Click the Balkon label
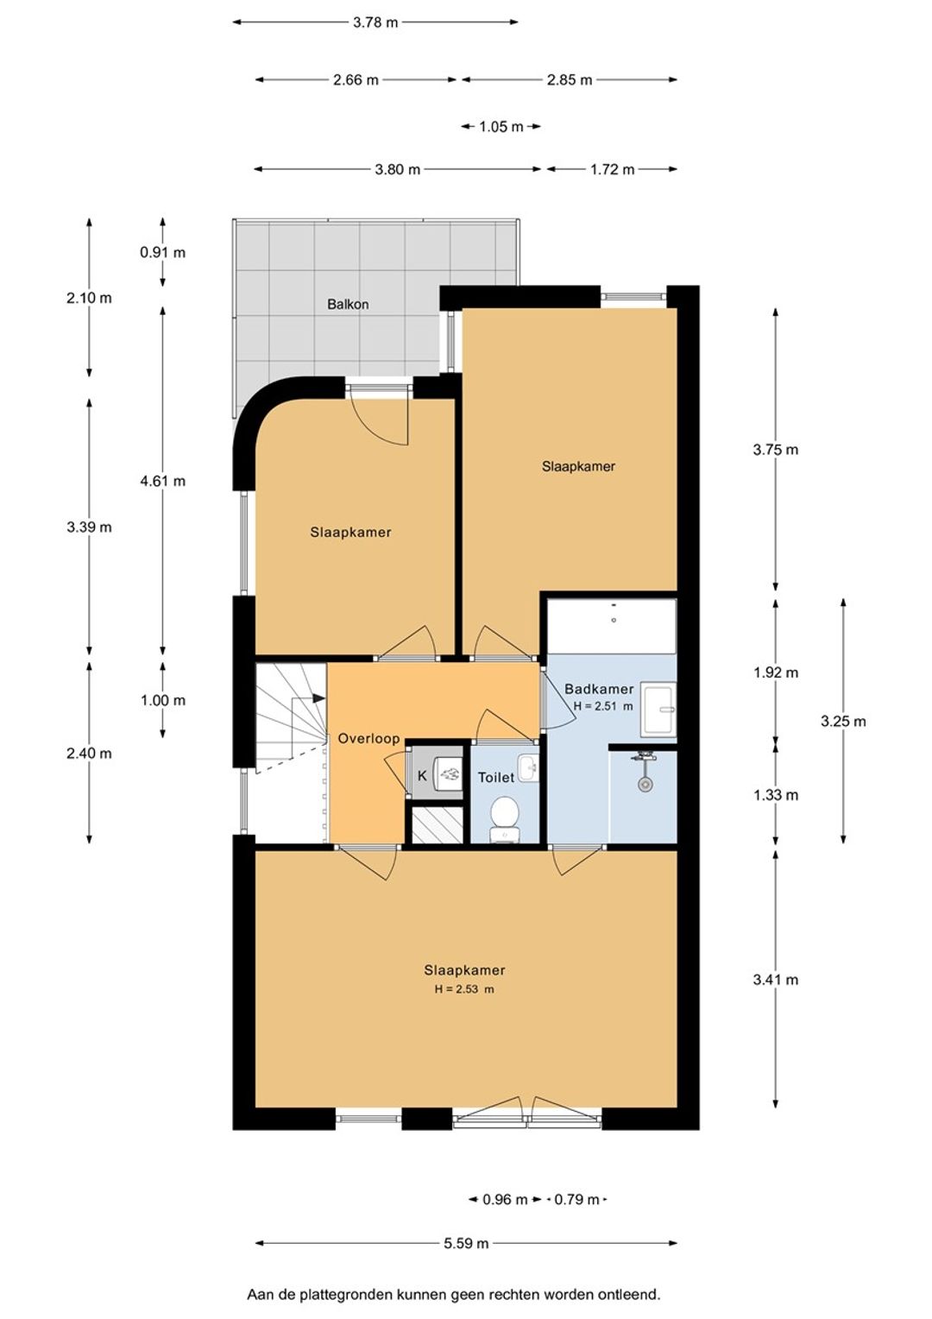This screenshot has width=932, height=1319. tap(348, 305)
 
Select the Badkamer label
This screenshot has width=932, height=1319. tap(599, 689)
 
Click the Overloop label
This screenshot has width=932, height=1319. tap(368, 738)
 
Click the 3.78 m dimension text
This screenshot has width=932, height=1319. tap(375, 22)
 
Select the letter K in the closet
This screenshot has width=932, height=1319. tap(421, 776)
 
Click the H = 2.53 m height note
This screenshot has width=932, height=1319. tap(464, 989)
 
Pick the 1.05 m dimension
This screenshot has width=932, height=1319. tap(501, 127)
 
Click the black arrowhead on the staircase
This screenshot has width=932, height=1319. tap(318, 697)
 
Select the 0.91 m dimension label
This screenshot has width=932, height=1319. tap(162, 253)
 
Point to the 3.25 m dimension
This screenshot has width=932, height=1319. tap(843, 721)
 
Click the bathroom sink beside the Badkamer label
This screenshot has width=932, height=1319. tap(658, 709)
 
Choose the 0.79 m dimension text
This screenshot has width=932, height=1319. tap(576, 1199)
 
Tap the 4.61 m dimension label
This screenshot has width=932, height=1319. tap(162, 481)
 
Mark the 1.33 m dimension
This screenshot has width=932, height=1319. tap(776, 795)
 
